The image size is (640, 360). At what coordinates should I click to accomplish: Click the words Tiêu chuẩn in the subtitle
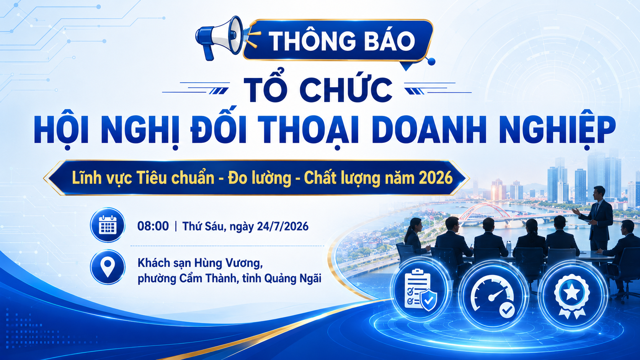[x=175, y=178]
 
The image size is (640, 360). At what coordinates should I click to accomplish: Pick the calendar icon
[x=108, y=225]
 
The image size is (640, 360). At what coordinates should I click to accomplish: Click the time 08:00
[x=153, y=226]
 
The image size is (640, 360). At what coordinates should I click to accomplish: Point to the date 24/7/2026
[x=282, y=226]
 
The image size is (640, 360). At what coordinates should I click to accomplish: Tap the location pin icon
[x=108, y=267]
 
